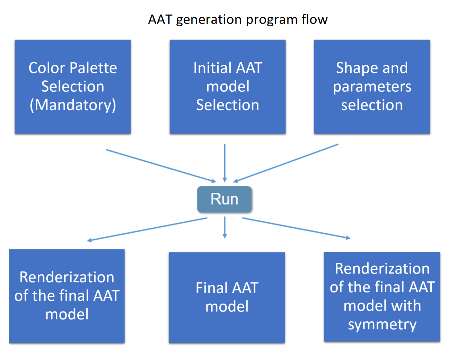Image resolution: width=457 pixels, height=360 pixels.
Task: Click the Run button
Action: coord(224,199)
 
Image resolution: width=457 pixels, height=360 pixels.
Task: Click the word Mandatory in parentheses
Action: coord(73,105)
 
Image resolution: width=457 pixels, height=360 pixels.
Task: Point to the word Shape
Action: coord(353,68)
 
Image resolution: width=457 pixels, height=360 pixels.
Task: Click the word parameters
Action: coord(372,87)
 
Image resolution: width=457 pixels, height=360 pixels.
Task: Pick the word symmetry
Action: coord(382,325)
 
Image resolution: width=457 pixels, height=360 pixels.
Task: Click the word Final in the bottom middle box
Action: coord(211,288)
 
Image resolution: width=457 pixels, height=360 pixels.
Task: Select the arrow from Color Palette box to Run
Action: coord(161,165)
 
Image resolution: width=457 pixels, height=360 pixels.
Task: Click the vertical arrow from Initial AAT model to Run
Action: coord(225,163)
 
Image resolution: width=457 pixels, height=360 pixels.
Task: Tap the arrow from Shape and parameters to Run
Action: coord(286,163)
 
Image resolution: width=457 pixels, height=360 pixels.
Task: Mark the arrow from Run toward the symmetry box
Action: coord(296,228)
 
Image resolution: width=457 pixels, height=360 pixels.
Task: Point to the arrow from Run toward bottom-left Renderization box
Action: coord(147,229)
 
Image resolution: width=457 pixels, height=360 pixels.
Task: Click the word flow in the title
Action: coord(314,19)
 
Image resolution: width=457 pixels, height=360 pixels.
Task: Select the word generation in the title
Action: coord(209,20)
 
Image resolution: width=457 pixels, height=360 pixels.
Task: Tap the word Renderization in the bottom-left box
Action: coord(67,277)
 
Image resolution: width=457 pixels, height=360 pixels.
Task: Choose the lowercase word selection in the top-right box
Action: coord(372,105)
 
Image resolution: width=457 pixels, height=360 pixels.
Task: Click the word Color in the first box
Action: coord(47,68)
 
